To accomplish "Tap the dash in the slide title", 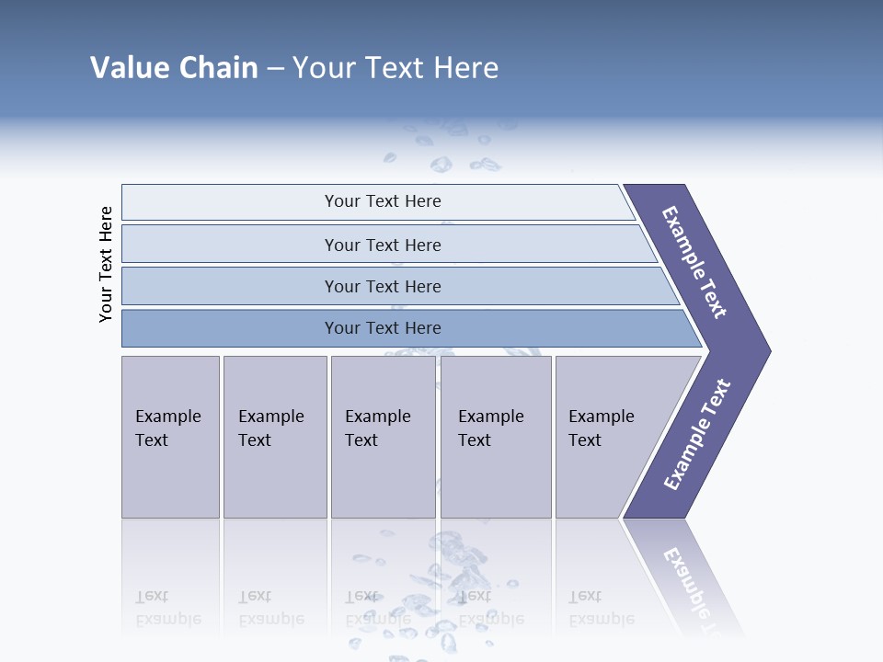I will pyautogui.click(x=275, y=69).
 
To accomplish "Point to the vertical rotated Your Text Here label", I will pyautogui.click(x=106, y=264).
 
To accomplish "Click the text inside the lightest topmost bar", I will pyautogui.click(x=383, y=201).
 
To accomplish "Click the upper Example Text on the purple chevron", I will pyautogui.click(x=694, y=262).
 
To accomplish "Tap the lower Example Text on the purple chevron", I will pyautogui.click(x=697, y=435).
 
